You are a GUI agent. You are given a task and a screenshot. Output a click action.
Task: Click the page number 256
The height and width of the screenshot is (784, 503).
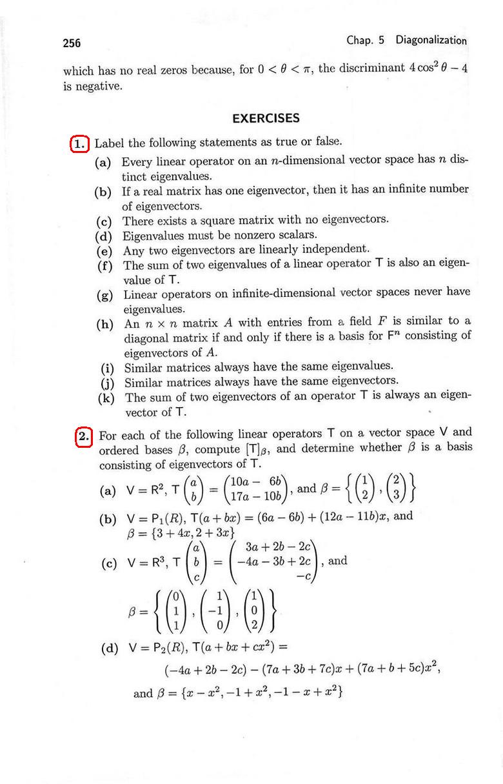(x=72, y=43)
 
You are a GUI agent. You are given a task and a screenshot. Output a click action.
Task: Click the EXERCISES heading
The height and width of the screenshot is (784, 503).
(x=266, y=118)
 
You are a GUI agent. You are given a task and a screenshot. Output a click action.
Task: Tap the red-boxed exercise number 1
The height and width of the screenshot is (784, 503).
(x=79, y=143)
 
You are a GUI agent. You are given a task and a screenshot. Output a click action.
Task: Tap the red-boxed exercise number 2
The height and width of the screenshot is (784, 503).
(x=84, y=436)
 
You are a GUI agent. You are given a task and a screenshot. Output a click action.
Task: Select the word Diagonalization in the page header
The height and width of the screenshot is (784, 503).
(x=431, y=40)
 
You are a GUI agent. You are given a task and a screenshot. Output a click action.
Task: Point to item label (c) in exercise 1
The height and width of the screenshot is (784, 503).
(x=103, y=221)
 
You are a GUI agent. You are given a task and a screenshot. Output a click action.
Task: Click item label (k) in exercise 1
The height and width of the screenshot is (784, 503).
(x=106, y=398)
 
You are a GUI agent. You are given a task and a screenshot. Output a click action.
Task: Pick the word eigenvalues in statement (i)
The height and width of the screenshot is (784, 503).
(x=360, y=367)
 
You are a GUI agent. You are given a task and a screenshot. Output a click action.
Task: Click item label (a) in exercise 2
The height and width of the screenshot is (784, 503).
(x=108, y=492)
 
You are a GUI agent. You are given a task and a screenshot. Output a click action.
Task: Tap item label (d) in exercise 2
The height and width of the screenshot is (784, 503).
(x=110, y=648)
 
